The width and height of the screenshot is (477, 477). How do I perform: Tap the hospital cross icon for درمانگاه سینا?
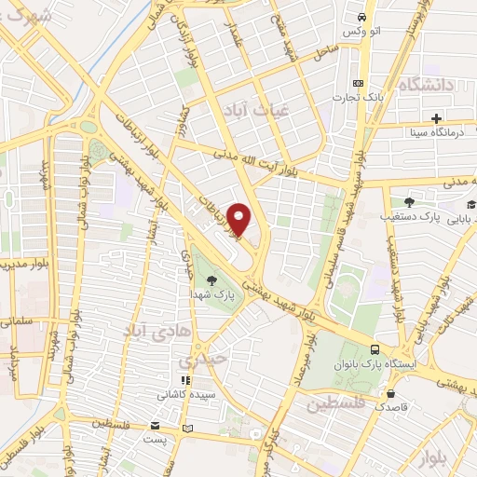[x=436, y=117]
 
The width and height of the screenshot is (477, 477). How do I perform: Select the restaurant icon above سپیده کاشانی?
[x=186, y=380]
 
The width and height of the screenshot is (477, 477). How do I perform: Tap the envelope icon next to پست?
[x=191, y=429]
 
